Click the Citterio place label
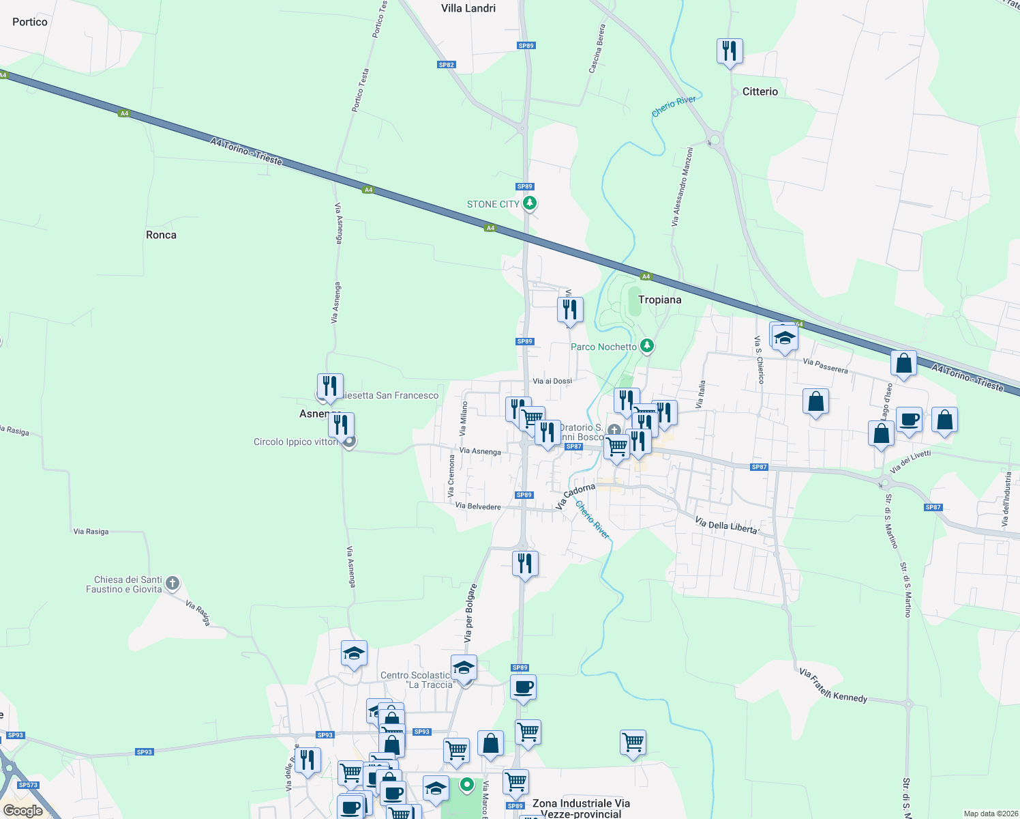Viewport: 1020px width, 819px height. pos(760,91)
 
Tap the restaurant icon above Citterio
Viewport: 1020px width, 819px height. pos(730,51)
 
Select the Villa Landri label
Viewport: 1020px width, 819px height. pos(468,8)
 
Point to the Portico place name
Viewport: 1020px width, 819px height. pos(30,22)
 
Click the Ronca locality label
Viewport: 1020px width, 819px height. pos(161,235)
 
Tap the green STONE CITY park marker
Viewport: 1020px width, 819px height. pos(530,203)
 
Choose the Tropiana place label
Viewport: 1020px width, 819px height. pos(659,300)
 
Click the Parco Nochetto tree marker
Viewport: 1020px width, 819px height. pos(647,346)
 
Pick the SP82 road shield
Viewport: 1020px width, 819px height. pos(446,65)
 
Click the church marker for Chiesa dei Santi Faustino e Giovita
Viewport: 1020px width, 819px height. pos(172,583)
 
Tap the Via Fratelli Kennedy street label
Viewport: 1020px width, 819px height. pos(833,685)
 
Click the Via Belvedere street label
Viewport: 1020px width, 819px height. pos(478,506)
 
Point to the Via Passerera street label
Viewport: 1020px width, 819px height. pos(825,366)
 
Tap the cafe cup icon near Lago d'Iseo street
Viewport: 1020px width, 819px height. pos(908,419)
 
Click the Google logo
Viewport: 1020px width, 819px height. pos(23,811)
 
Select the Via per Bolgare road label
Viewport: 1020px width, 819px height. pos(470,613)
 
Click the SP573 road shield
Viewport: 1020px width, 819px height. pos(28,785)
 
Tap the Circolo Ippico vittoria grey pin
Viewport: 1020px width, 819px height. pos(349,442)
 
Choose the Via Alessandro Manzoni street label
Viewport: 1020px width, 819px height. pos(682,186)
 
